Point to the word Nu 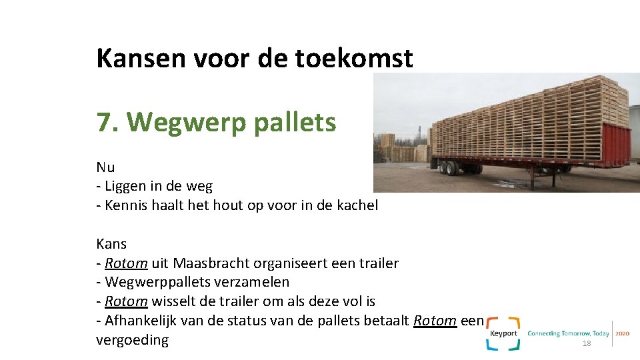click(105, 167)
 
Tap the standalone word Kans click(111, 243)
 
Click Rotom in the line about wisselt click(126, 301)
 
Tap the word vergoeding click(133, 340)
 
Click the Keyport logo click(503, 333)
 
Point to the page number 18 click(587, 343)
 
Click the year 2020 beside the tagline click(622, 333)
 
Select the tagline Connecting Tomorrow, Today click(569, 333)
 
